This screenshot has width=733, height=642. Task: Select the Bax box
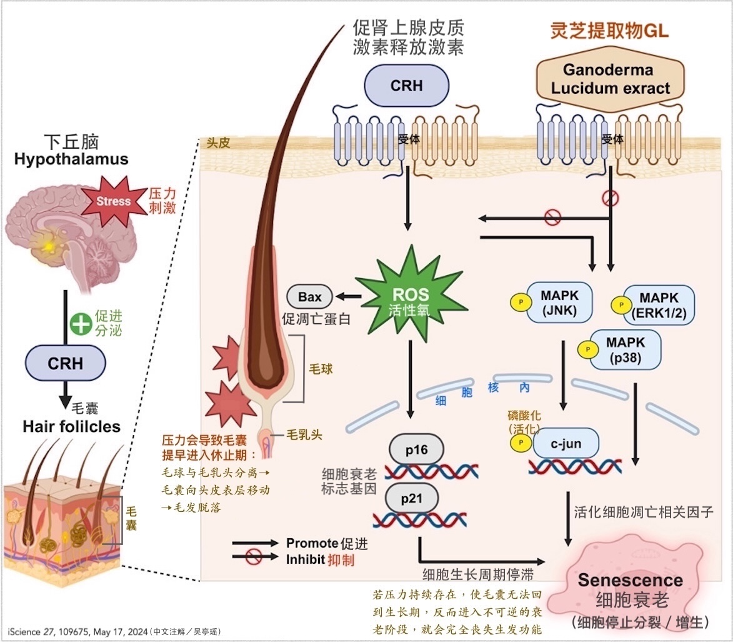coord(309,296)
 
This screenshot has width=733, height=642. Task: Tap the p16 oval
coord(416,449)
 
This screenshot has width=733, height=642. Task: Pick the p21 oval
coord(411,498)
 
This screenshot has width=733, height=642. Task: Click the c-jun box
coord(566,443)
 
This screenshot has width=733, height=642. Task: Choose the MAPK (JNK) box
coord(559,303)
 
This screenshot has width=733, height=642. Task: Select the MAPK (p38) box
coord(626,350)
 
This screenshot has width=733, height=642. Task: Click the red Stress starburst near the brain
coord(114,201)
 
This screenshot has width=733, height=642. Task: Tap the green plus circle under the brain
coord(81,324)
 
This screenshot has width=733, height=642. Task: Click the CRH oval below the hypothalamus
coord(66,363)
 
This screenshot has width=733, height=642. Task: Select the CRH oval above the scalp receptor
coord(407,86)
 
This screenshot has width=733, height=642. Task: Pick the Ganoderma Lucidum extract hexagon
coord(610,79)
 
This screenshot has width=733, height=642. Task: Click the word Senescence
coord(630,580)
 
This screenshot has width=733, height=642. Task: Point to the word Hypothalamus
coord(71,159)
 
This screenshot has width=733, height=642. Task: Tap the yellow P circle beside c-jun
coord(521,443)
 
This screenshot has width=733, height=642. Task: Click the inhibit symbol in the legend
coord(253,556)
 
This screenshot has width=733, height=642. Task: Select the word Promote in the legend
coord(312,543)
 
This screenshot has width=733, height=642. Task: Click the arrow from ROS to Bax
coord(349,296)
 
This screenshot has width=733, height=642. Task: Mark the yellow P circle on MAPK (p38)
coord(588,349)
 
